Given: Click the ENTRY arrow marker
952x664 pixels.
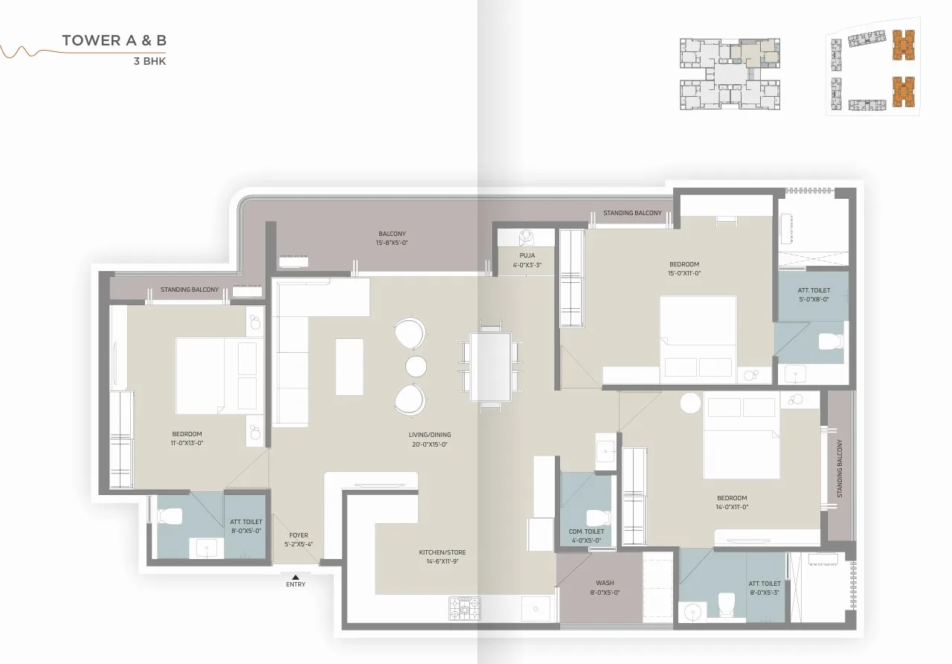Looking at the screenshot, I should pyautogui.click(x=295, y=576).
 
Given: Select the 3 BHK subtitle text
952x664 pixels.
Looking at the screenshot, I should pyautogui.click(x=149, y=62).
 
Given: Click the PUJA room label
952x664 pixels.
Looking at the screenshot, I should pyautogui.click(x=527, y=255).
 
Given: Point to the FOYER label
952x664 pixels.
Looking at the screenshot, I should pyautogui.click(x=298, y=535).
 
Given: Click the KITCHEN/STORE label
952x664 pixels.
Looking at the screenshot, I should pyautogui.click(x=442, y=552).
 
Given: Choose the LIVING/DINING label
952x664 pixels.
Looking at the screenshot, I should pyautogui.click(x=429, y=435).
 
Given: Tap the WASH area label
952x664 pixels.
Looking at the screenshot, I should pyautogui.click(x=604, y=583).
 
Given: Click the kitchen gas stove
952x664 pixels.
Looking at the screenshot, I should pyautogui.click(x=464, y=608).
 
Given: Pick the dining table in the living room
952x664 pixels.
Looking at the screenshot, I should pyautogui.click(x=491, y=366).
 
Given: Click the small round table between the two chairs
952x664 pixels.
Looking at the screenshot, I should pyautogui.click(x=416, y=366).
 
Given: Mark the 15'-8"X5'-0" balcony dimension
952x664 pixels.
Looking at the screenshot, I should pyautogui.click(x=392, y=243).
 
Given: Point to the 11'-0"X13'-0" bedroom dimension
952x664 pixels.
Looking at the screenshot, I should pyautogui.click(x=187, y=443).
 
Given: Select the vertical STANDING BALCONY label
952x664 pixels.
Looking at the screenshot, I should pyautogui.click(x=840, y=468).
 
